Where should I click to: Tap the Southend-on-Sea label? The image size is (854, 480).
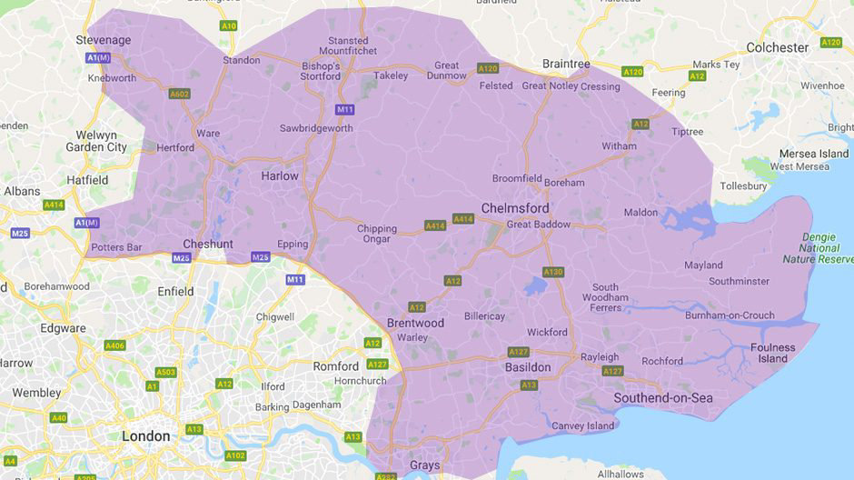tap(662, 398)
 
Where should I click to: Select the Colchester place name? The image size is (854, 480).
tap(777, 47)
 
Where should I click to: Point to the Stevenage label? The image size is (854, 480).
tap(103, 40)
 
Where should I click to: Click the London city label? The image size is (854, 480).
tap(145, 436)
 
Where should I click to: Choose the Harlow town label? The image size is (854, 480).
tap(279, 175)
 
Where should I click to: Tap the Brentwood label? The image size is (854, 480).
tap(415, 323)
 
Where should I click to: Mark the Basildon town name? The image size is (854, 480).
tap(527, 367)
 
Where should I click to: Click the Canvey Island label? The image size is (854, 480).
tap(582, 425)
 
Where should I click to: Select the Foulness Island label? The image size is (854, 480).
tap(772, 353)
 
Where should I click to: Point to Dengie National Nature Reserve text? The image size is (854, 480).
tap(825, 247)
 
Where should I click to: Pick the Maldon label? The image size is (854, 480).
tap(640, 212)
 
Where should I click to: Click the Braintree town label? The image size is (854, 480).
tap(565, 64)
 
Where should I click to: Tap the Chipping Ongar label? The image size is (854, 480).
tap(376, 234)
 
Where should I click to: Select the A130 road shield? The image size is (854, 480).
tap(552, 272)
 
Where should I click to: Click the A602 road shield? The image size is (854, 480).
tap(179, 93)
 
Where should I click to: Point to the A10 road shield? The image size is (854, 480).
tap(228, 25)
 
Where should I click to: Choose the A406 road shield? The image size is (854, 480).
tap(114, 345)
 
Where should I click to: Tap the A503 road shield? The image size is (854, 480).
tap(165, 372)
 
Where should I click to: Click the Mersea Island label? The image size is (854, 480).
tap(813, 154)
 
